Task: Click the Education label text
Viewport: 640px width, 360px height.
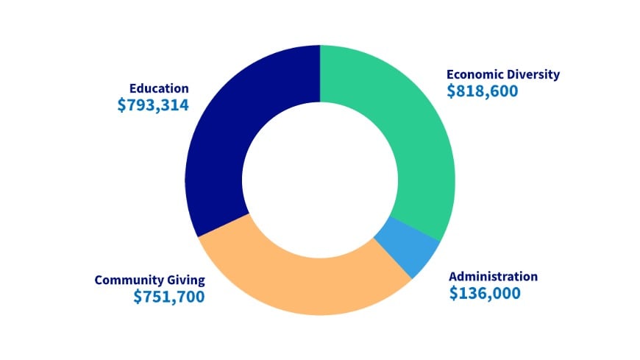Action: click(159, 88)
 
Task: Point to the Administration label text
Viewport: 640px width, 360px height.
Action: click(493, 277)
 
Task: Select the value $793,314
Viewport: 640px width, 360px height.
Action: click(153, 105)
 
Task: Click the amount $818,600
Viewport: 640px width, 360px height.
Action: click(483, 91)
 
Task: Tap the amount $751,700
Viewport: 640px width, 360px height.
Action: click(169, 297)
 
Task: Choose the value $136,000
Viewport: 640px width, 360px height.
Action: click(485, 293)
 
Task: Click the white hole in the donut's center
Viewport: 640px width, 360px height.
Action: click(320, 180)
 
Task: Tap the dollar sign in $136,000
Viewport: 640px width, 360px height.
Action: click(454, 293)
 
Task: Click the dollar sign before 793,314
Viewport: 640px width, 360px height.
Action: click(122, 105)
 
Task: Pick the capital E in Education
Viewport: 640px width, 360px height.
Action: click(133, 88)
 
